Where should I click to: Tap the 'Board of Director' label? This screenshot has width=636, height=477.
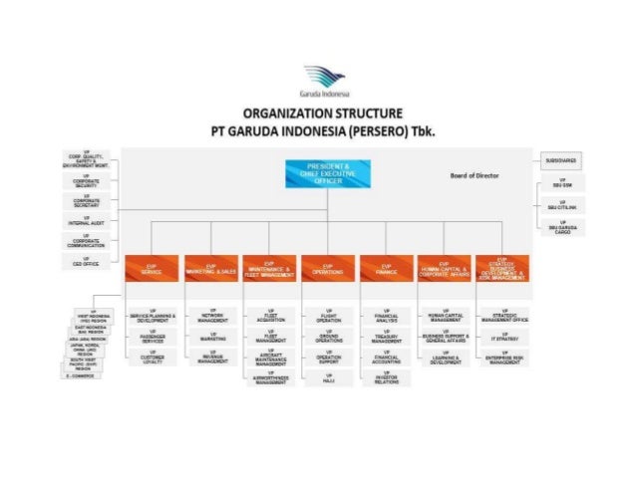pyautogui.click(x=475, y=175)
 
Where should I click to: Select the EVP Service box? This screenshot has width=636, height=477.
pyautogui.click(x=152, y=269)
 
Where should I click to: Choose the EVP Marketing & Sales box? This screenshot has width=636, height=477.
pyautogui.click(x=211, y=269)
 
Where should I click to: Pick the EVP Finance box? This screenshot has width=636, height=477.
pyautogui.click(x=388, y=269)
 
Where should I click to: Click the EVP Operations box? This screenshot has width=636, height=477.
pyautogui.click(x=329, y=269)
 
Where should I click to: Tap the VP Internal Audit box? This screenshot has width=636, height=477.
pyautogui.click(x=87, y=220)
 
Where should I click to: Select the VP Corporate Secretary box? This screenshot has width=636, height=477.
pyautogui.click(x=87, y=200)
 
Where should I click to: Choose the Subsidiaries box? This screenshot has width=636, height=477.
pyautogui.click(x=562, y=159)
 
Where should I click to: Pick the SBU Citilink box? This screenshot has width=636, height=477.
pyautogui.click(x=562, y=205)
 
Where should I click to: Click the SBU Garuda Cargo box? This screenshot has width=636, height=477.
pyautogui.click(x=562, y=228)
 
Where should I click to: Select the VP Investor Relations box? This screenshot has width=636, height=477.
pyautogui.click(x=388, y=378)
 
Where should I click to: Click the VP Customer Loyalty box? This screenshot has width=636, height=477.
pyautogui.click(x=152, y=358)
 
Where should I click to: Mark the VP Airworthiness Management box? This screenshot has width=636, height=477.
pyautogui.click(x=270, y=378)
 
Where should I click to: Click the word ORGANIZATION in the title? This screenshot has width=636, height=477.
pyautogui.click(x=282, y=113)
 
